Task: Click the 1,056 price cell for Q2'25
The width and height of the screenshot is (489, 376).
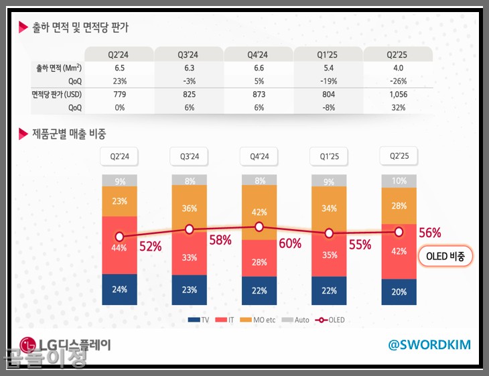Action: (x=398, y=95)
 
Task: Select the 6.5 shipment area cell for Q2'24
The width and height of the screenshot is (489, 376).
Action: (x=120, y=68)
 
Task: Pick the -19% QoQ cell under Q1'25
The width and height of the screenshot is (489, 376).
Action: (x=329, y=81)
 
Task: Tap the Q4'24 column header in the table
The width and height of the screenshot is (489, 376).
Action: (x=259, y=54)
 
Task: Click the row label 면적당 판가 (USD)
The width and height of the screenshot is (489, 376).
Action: (x=57, y=95)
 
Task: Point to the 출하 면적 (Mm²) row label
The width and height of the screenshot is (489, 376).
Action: (x=59, y=68)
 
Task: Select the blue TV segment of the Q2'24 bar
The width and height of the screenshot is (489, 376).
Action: (x=119, y=290)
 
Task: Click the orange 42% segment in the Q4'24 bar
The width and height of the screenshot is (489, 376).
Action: (x=259, y=212)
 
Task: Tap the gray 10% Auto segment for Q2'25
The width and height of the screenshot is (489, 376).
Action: (x=399, y=181)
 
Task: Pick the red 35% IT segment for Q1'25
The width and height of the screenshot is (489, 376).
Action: (x=329, y=255)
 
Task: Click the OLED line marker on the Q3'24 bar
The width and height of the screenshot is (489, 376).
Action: (x=190, y=229)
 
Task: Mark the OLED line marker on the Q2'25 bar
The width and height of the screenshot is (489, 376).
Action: (x=399, y=232)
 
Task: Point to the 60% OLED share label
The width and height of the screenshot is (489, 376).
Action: (x=290, y=243)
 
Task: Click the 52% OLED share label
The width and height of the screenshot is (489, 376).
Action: (x=150, y=246)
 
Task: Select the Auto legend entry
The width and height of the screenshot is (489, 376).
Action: (x=297, y=320)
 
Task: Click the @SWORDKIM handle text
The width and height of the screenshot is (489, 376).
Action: (x=429, y=344)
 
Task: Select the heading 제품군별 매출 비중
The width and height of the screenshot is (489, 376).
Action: (x=69, y=133)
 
